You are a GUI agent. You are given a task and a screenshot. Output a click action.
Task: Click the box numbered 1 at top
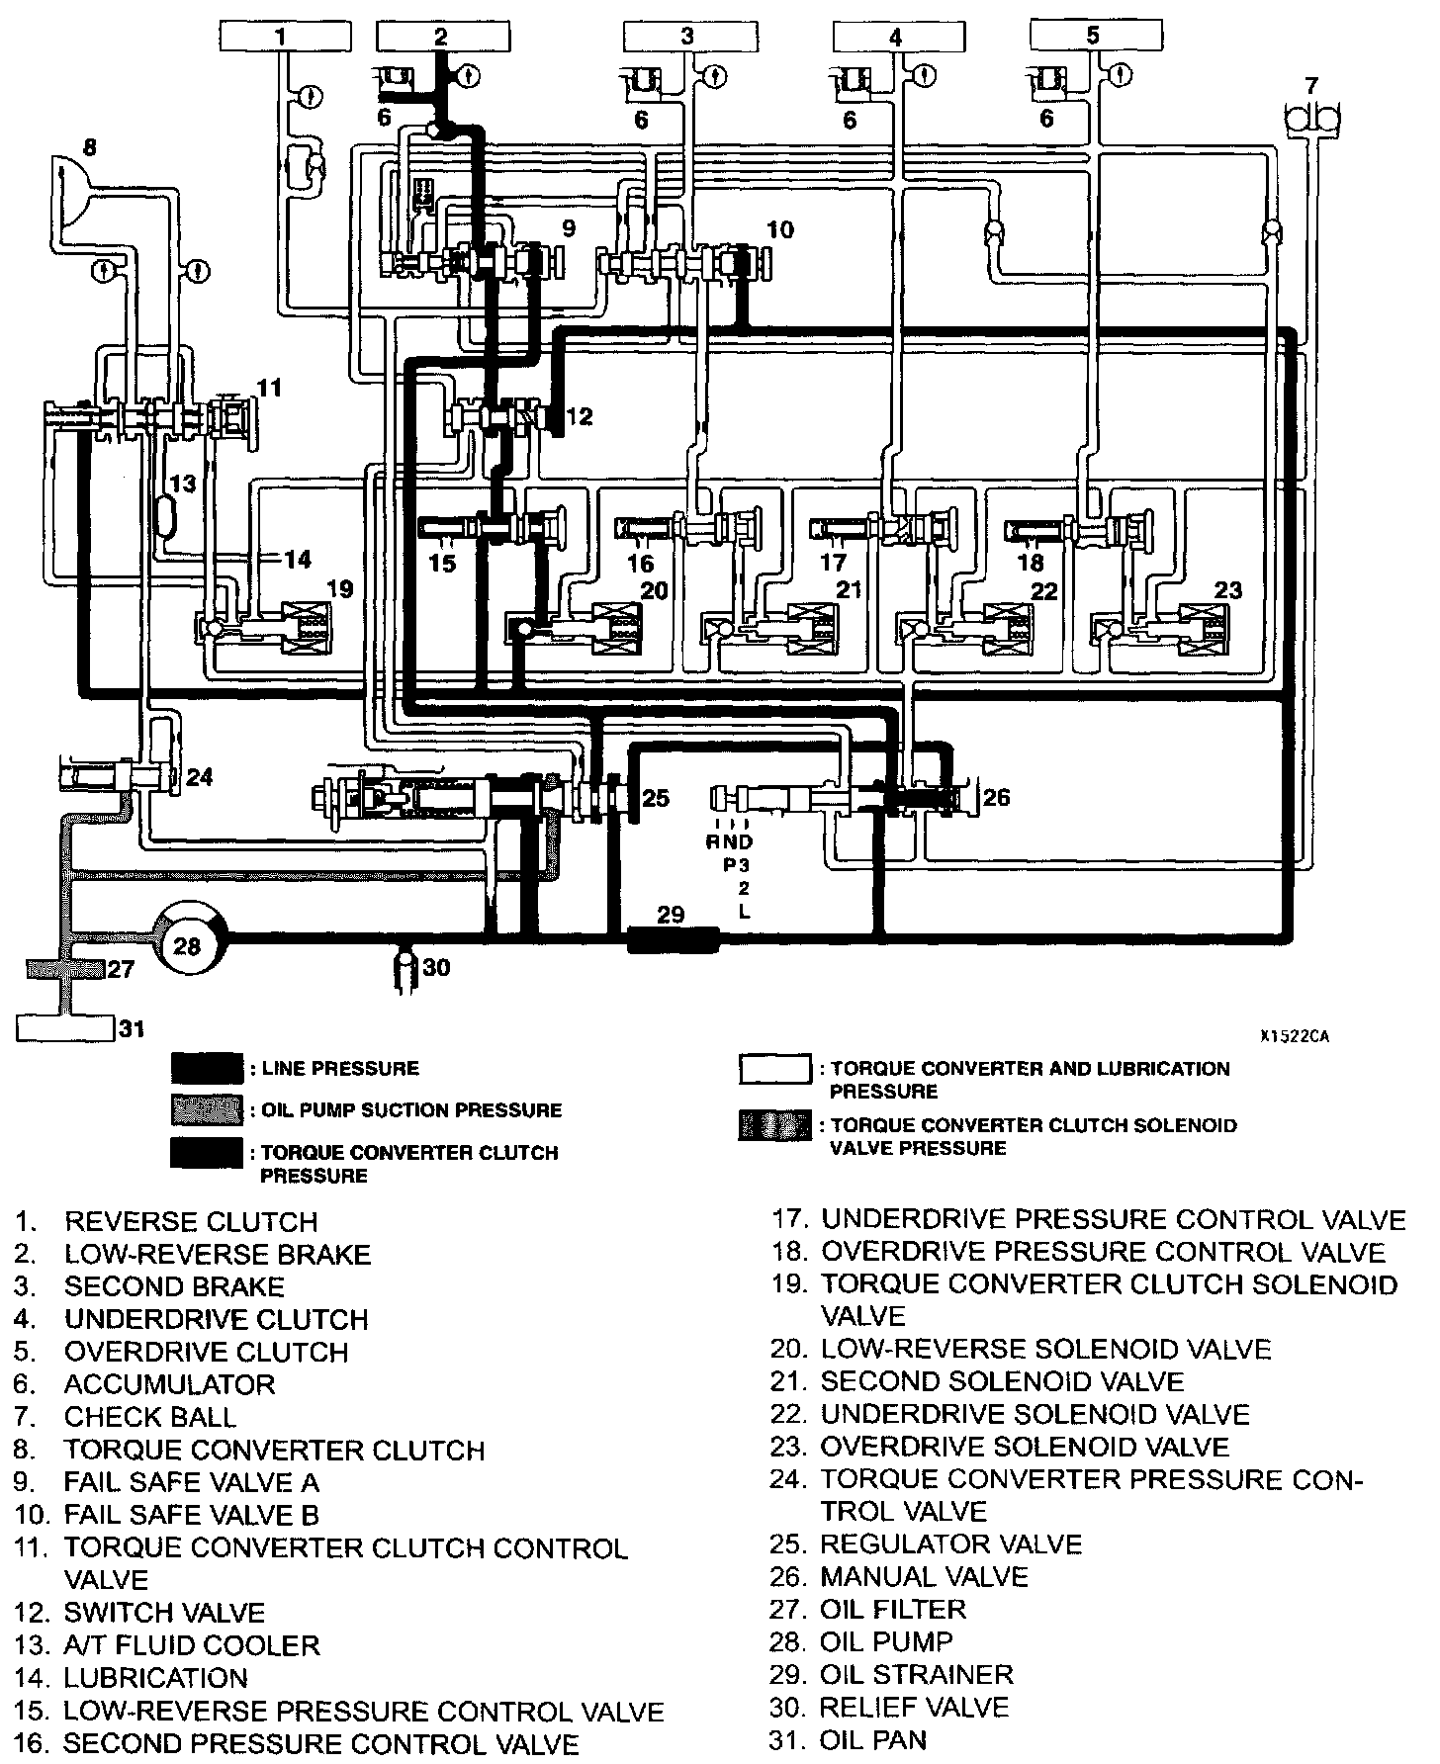(x=281, y=37)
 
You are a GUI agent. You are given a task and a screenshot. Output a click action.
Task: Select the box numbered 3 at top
(x=687, y=37)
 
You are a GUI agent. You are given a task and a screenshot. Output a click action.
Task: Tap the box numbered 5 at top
(x=1092, y=37)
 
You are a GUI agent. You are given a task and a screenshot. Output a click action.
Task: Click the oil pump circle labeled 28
(x=187, y=946)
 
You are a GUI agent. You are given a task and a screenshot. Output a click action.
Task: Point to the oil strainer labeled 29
(x=673, y=938)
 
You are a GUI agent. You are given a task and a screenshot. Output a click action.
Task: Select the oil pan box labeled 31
(x=65, y=1028)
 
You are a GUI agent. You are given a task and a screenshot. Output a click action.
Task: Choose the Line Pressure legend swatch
(x=206, y=1069)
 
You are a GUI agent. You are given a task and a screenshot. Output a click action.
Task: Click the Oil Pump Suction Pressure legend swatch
(x=206, y=1110)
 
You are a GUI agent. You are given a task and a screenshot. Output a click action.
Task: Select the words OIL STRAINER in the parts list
(x=917, y=1674)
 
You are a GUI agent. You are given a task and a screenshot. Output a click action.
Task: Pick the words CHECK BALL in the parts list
(x=150, y=1416)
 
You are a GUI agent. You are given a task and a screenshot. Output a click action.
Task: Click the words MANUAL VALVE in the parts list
(x=924, y=1576)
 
